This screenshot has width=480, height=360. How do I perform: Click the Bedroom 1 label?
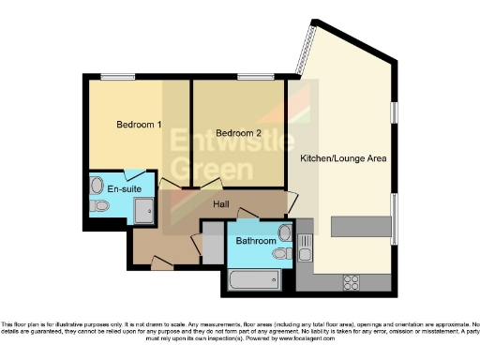tap(139, 125)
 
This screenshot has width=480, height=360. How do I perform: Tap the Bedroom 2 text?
tap(237, 133)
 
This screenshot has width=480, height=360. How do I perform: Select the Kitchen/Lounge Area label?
tap(343, 158)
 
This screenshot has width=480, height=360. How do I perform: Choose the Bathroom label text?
tap(253, 241)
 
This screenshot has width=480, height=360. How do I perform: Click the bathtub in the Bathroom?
tap(251, 278)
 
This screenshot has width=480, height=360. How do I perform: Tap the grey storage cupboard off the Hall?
tap(214, 247)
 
